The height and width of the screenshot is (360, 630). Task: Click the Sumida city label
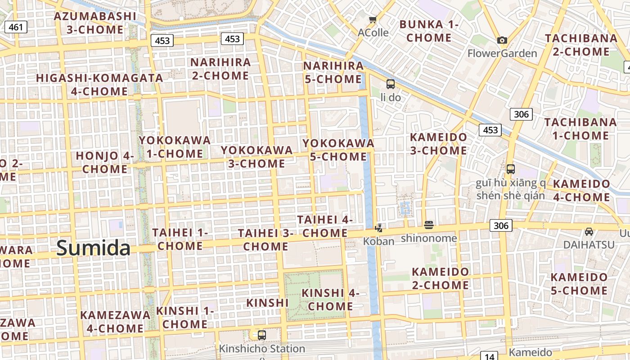point(94,248)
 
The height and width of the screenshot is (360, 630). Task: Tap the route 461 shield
point(16,27)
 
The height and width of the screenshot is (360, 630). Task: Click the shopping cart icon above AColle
point(373,19)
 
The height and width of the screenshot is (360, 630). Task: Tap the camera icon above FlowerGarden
point(502,40)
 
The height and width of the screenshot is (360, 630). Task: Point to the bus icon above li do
point(390,84)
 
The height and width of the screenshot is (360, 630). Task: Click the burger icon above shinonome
point(429,225)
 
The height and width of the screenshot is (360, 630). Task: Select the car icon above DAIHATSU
point(589,232)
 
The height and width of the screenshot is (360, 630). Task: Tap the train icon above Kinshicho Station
point(261,335)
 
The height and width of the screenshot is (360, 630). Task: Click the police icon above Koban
point(378,228)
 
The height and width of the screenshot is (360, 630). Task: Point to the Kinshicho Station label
point(261,349)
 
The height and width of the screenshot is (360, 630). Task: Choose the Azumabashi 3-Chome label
point(95,23)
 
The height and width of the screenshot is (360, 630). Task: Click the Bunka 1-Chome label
point(429,31)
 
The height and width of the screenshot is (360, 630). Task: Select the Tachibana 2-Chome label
point(581,45)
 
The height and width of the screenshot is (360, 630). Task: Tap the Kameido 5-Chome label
point(579,284)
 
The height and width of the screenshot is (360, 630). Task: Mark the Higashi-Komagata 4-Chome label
point(99,85)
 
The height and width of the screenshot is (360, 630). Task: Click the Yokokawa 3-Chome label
point(256,157)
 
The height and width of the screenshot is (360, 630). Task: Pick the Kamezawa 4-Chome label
point(115,322)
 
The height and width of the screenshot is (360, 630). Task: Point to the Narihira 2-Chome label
point(220,69)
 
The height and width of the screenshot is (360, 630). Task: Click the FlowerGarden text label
point(502,54)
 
